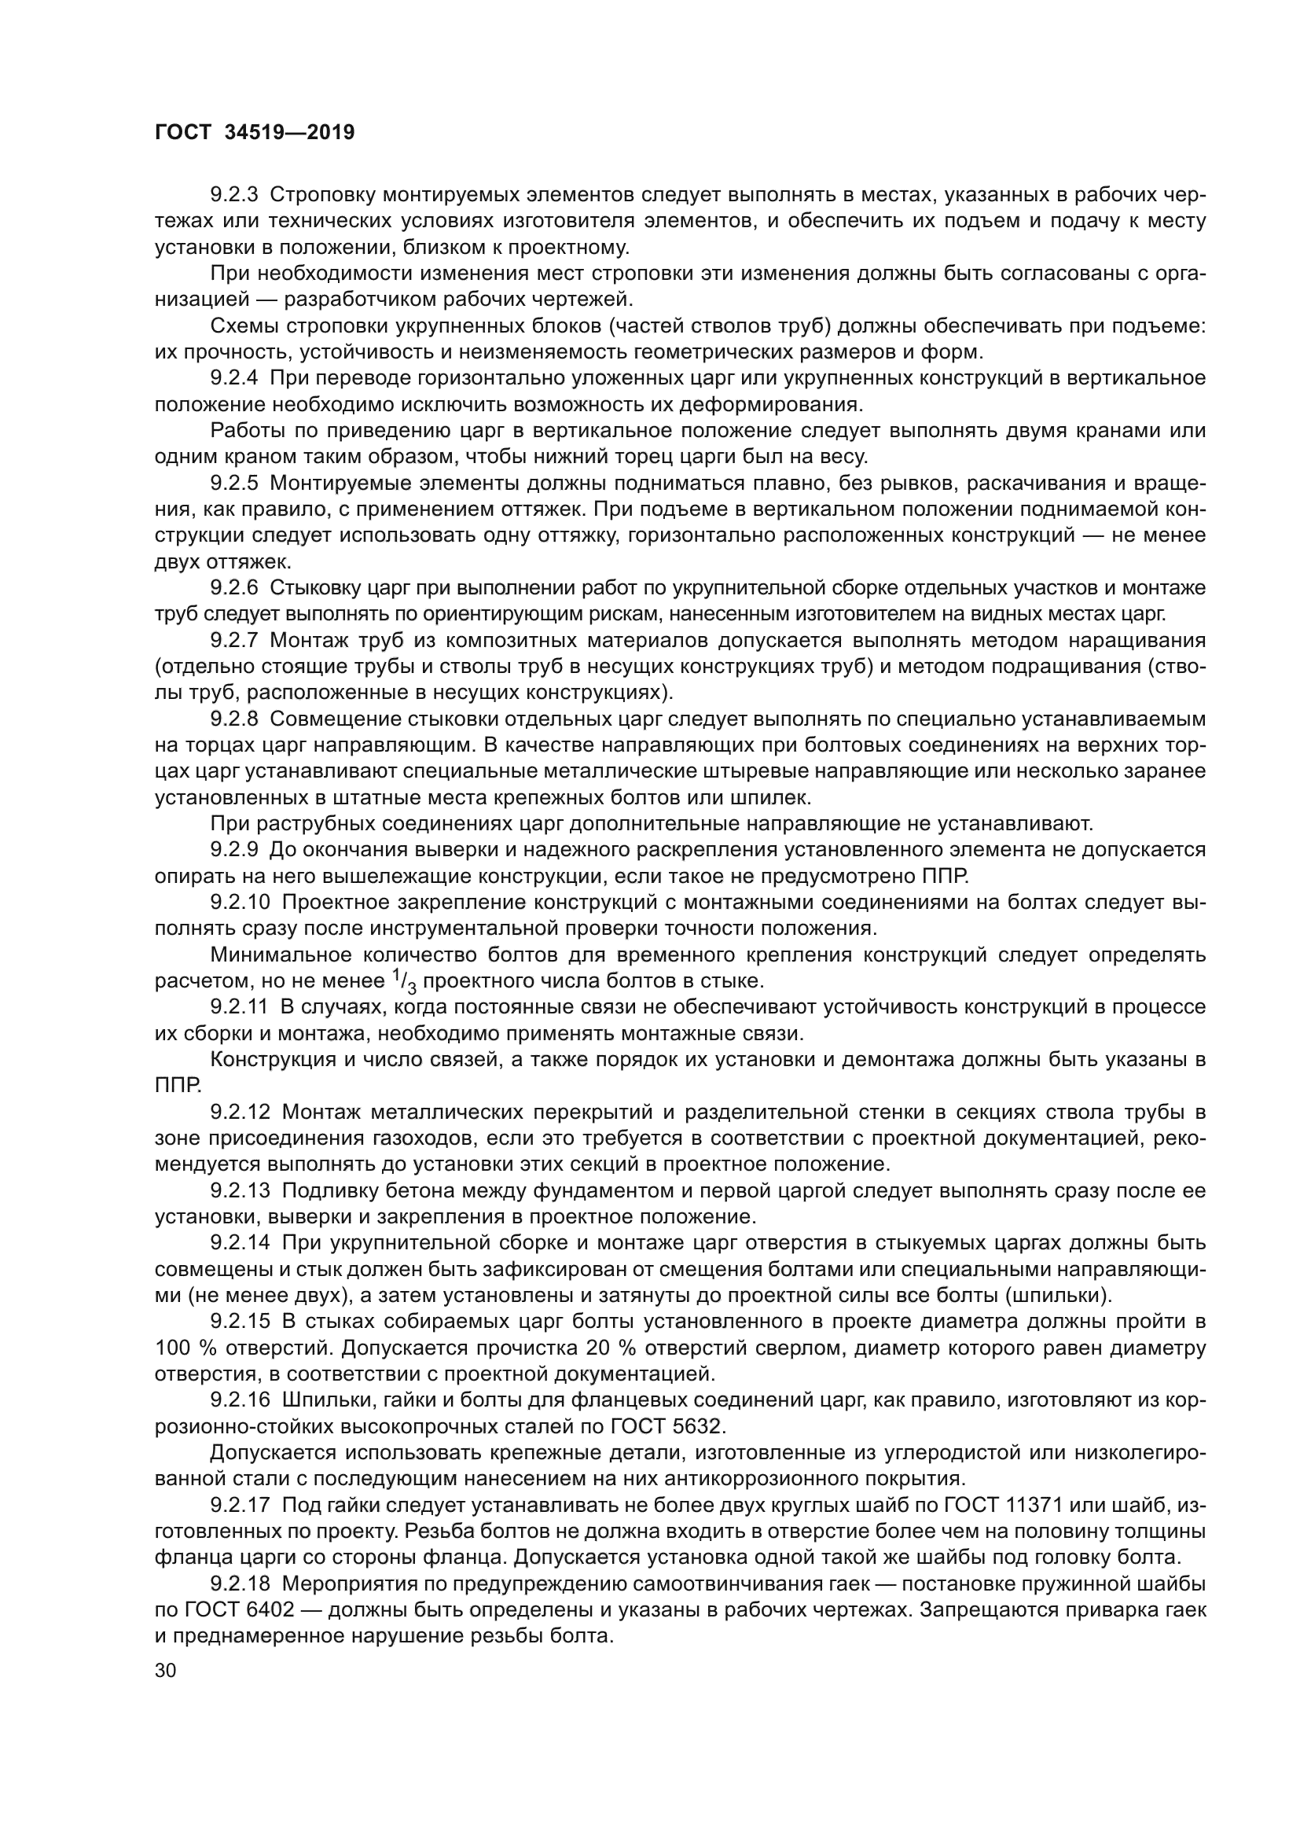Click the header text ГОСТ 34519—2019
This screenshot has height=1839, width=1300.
[254, 133]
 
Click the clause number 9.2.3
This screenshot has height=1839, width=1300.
[234, 195]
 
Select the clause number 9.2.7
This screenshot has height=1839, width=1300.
[234, 640]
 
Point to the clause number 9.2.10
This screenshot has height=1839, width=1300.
[241, 903]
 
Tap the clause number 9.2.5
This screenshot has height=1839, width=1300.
[234, 483]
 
